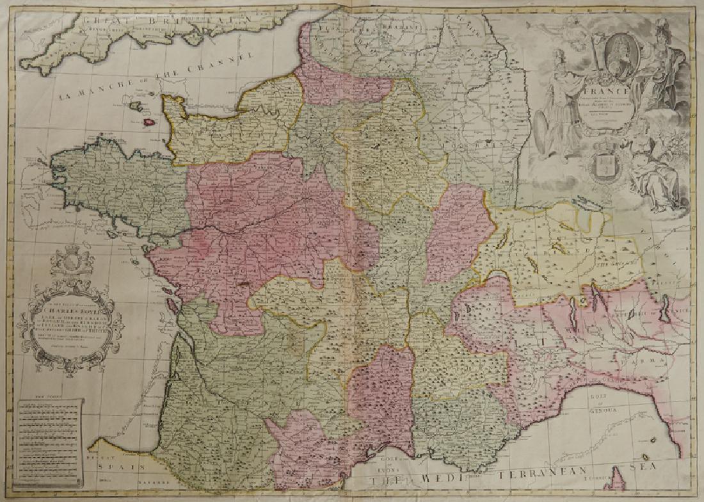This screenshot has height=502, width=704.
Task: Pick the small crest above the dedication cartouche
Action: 71,263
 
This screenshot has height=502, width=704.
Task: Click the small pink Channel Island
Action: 148,121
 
